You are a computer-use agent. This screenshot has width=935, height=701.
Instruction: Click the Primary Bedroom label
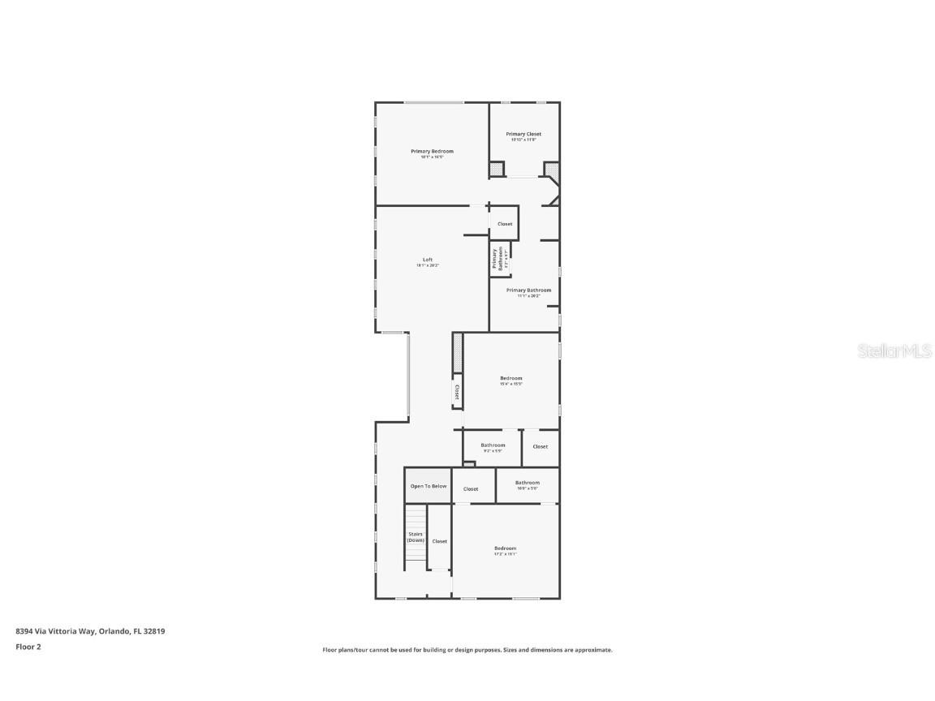tap(432, 152)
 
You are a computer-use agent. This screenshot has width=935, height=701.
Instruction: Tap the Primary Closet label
tap(524, 134)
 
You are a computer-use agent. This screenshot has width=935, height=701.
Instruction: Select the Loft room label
tap(428, 260)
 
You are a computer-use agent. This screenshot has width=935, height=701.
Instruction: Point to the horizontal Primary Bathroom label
tap(528, 290)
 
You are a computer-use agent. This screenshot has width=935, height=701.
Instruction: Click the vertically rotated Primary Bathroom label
tap(495, 258)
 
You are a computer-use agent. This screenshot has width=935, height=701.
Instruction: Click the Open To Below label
tap(428, 487)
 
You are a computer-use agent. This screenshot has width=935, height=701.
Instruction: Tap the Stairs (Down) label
tap(416, 537)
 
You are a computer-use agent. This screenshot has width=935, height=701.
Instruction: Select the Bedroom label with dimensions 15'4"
tap(511, 379)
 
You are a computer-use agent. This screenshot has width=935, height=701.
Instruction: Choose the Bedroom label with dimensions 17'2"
tap(505, 548)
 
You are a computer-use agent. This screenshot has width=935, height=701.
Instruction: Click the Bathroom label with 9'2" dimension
tap(493, 445)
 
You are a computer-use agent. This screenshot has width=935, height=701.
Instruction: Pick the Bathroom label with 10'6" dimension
tap(528, 483)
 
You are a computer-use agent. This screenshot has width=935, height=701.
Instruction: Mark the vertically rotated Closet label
tap(457, 393)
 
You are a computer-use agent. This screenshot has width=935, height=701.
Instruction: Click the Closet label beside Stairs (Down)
tap(439, 541)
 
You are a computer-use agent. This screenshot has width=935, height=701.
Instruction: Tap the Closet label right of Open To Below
tap(471, 489)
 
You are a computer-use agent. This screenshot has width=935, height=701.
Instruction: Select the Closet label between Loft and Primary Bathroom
tap(505, 224)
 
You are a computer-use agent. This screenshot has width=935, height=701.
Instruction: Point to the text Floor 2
tap(28, 647)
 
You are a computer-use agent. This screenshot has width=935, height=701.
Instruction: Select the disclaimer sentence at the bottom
tap(467, 650)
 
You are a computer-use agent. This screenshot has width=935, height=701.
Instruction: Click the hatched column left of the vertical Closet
tap(457, 353)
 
